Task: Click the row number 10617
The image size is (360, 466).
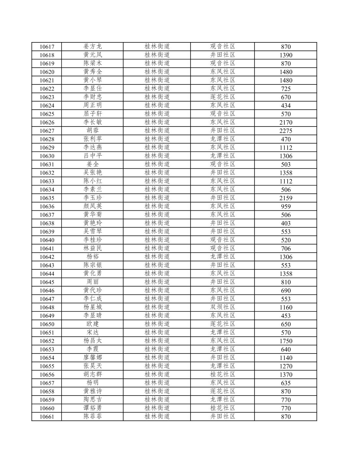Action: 47,47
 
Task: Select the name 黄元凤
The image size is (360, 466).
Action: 93,55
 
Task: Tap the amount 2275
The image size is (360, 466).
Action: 285,131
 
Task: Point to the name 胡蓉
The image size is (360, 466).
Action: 93,130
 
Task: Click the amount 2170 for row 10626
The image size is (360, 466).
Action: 285,122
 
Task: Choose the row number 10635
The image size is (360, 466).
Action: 47,198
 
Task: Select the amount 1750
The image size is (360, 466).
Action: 285,341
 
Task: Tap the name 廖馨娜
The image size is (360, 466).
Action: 93,358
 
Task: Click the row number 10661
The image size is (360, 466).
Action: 47,417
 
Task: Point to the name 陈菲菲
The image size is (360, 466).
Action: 93,416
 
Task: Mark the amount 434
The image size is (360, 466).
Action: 285,106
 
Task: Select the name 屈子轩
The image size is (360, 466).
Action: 93,114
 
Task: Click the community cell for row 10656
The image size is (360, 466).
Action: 223,374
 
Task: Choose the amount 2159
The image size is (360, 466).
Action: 285,198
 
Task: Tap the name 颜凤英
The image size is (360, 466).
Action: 93,206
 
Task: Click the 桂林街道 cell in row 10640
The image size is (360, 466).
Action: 157,240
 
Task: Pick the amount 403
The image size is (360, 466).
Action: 285,223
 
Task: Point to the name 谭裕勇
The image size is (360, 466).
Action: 93,408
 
